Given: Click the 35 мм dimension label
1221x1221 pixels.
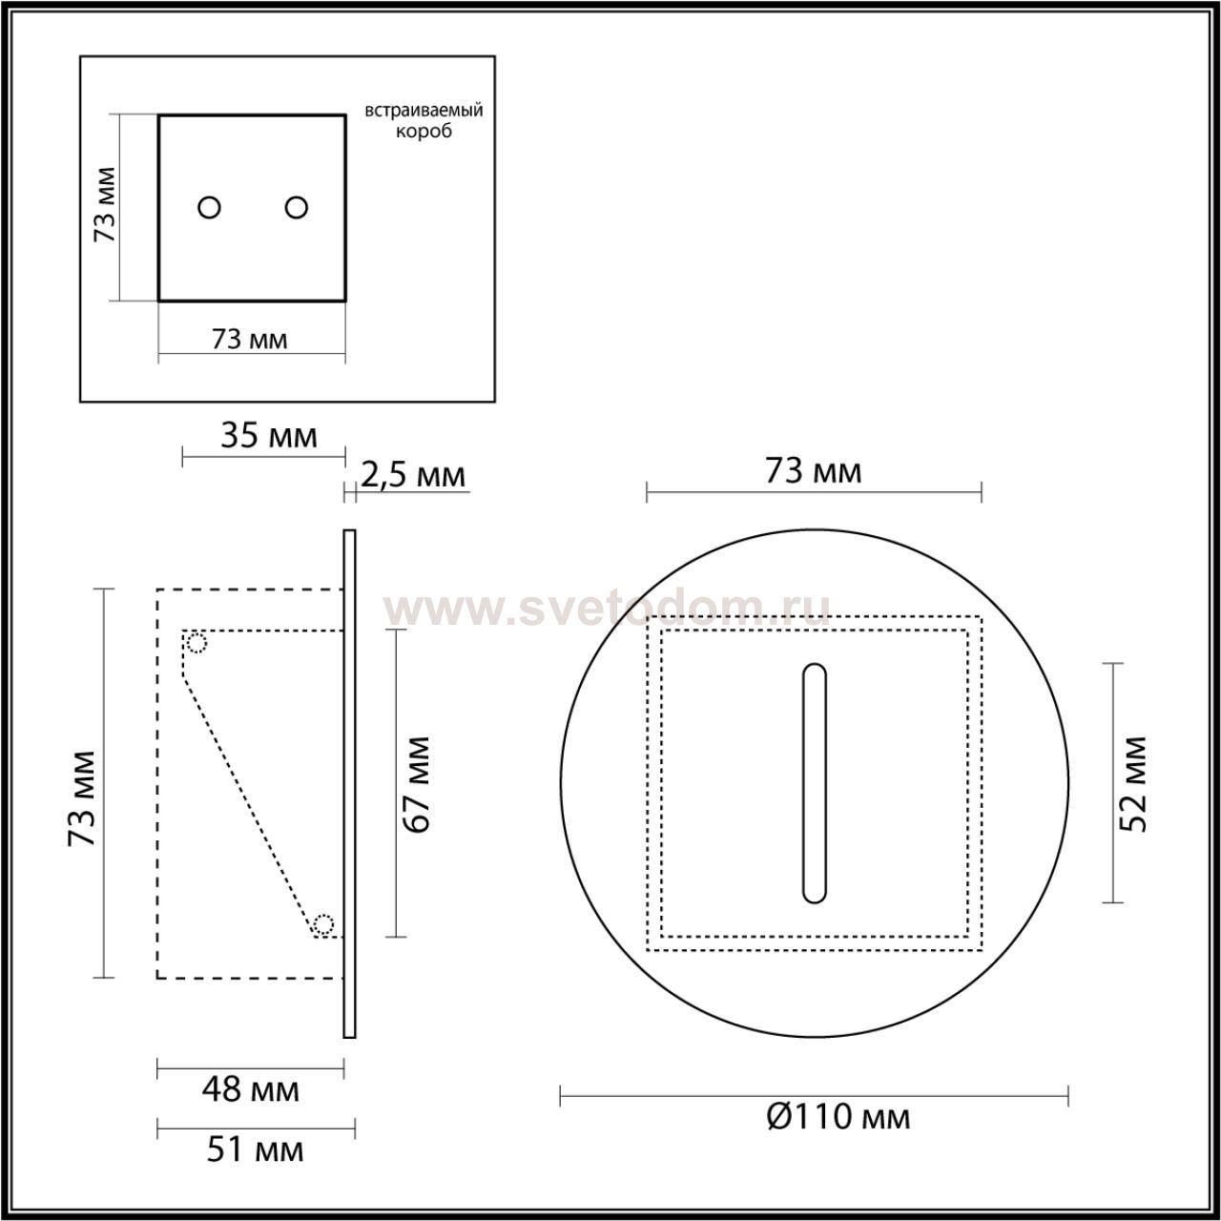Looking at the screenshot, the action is point(269,437).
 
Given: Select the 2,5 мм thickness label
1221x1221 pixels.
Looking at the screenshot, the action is point(414,475).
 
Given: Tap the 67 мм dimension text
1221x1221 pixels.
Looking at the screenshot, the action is point(417,785).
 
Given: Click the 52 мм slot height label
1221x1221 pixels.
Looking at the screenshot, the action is point(1133,785).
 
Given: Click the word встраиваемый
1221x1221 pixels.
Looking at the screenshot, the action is point(424,112).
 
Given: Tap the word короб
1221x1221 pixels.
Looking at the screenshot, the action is point(424,131).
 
